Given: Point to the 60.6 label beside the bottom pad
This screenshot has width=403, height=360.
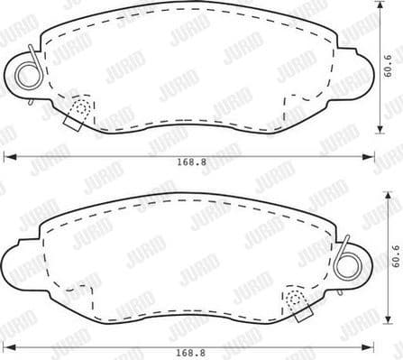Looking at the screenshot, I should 394,259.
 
